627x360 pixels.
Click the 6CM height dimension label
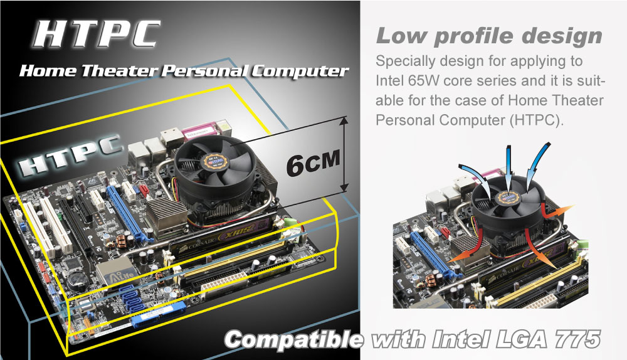coord(313,162)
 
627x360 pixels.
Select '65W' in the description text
coord(423,81)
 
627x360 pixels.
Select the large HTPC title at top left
coord(96,34)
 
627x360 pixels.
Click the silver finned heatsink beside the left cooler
coord(167,214)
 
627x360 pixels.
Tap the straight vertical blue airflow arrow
coord(508,169)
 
